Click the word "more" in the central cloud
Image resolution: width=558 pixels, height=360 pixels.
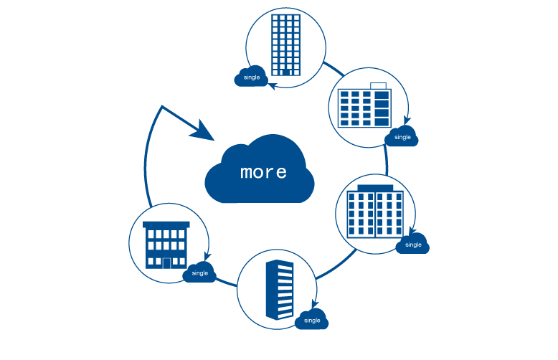[x=263, y=172]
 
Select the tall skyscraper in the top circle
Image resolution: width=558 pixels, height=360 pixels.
[x=286, y=44]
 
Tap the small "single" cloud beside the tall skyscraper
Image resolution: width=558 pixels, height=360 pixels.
[x=251, y=76]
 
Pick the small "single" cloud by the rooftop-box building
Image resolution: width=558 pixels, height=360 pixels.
[x=402, y=136]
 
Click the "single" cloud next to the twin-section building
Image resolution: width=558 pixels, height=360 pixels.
[x=413, y=244]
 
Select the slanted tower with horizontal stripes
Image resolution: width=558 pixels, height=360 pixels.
[x=280, y=290]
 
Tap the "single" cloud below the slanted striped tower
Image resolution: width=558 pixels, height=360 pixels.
[x=311, y=320]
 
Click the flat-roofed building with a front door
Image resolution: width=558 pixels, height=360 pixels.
[x=166, y=245]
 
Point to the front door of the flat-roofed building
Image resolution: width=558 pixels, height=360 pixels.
[x=166, y=262]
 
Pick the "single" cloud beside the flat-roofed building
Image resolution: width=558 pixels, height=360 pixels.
[x=199, y=273]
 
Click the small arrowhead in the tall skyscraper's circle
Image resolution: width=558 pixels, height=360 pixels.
[x=273, y=85]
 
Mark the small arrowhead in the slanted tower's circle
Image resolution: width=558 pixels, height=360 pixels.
[x=316, y=304]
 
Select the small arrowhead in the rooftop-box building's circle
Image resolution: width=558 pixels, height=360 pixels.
[x=407, y=120]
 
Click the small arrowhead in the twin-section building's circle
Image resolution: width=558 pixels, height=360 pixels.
[x=411, y=231]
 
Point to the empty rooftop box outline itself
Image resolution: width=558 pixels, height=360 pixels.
[x=378, y=87]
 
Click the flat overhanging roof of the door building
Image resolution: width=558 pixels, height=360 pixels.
[x=166, y=224]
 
